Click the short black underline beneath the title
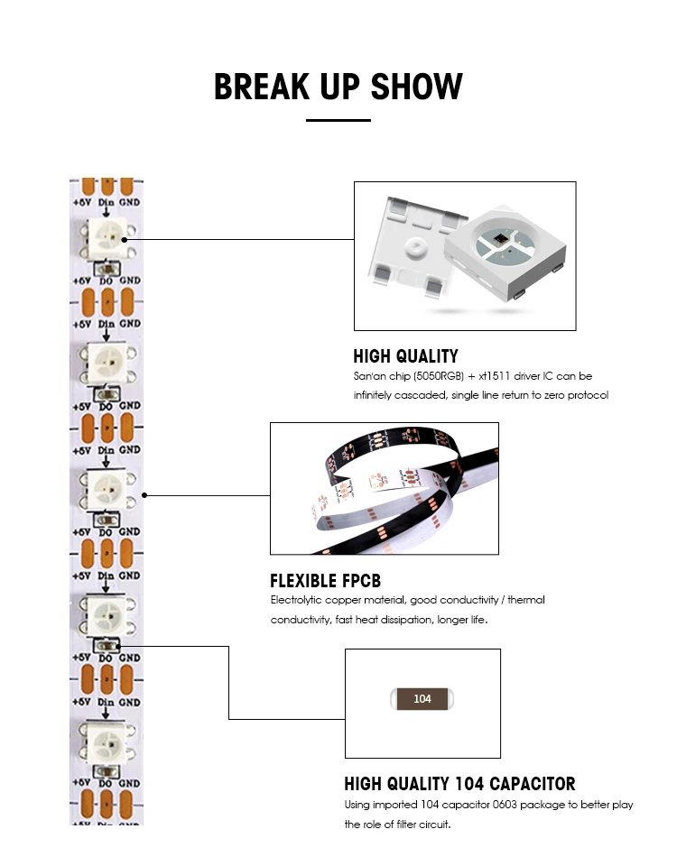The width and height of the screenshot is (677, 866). pos(338,120)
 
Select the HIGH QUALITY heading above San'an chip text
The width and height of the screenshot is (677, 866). pos(405,356)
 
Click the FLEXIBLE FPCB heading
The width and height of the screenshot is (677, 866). pos(325,581)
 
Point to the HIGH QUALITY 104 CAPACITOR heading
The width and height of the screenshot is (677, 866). pos(459,784)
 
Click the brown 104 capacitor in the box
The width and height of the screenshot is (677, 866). pos(422,699)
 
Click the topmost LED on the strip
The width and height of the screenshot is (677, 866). pos(107,238)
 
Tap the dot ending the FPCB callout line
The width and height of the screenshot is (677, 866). pos(145,495)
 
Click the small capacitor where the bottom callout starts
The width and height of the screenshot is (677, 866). pos(107,645)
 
